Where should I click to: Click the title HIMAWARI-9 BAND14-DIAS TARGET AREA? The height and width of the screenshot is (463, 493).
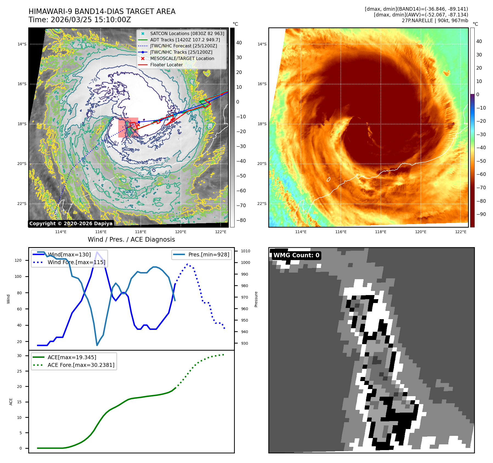tap(102, 12)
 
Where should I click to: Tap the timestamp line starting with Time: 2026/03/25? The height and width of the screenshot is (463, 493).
tap(80, 20)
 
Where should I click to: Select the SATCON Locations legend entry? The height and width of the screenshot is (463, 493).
tap(187, 33)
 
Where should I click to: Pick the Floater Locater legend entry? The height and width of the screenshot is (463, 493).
tap(166, 65)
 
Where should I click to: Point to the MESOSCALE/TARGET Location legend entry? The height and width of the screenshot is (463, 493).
tap(182, 58)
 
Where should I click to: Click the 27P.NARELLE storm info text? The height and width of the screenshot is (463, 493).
tap(435, 21)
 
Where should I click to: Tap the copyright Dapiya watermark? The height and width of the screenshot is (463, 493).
tap(71, 224)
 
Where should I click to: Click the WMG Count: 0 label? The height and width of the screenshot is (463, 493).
tap(296, 255)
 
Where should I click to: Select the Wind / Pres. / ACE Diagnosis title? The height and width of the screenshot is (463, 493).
tap(131, 239)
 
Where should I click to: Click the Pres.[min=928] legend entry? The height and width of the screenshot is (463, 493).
tap(209, 255)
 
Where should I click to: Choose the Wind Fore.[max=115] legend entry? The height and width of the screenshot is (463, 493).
tap(76, 262)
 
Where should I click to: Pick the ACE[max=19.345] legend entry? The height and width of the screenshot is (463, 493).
tap(72, 357)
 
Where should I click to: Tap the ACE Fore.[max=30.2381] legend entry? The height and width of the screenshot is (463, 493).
tap(81, 365)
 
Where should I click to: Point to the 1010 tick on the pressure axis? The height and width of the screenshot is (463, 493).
tap(245, 251)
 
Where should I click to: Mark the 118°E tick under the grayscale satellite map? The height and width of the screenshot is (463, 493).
tap(141, 232)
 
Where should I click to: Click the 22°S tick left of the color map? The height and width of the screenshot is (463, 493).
tap(262, 204)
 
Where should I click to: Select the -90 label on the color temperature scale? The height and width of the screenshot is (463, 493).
tap(481, 214)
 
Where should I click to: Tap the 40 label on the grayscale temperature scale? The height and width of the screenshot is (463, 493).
tap(239, 43)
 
